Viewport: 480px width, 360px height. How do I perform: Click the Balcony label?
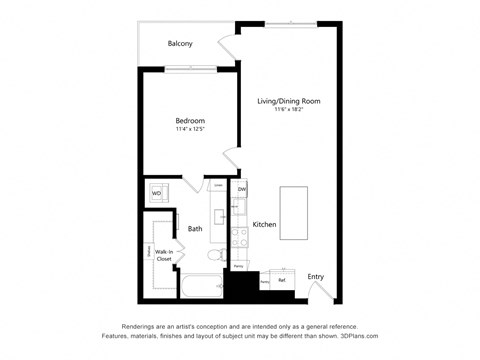point(180,44)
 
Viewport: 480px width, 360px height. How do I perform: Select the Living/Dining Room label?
point(288,101)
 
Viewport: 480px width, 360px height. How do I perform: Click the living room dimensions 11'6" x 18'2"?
point(288,110)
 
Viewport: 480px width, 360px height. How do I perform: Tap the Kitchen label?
point(264,224)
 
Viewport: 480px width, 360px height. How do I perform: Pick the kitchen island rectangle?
point(293,211)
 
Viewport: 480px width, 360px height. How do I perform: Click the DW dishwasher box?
point(241,188)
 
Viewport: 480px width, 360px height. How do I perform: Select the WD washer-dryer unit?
point(156,193)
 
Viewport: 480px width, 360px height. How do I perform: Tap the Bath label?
point(195,228)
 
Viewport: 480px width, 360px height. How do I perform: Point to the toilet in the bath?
point(214,259)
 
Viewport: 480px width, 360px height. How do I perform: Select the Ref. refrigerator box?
point(282,280)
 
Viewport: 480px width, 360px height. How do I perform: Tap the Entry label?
point(315,276)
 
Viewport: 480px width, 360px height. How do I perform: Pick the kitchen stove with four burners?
point(240,237)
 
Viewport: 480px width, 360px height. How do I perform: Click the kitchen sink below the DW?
point(240,208)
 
